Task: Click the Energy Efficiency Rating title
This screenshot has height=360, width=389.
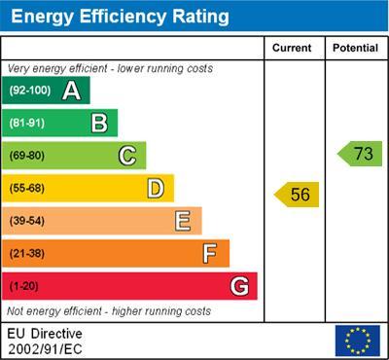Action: click(119, 17)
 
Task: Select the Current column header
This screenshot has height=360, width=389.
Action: click(292, 48)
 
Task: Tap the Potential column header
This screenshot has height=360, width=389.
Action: click(355, 48)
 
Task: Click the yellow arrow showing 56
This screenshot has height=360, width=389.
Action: click(298, 195)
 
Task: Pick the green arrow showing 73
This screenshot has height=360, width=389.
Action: click(361, 154)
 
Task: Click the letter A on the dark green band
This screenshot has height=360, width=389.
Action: click(71, 91)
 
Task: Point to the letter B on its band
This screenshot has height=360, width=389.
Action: click(99, 123)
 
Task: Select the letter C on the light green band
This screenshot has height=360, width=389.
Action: click(126, 155)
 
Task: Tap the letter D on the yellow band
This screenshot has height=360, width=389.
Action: click(155, 188)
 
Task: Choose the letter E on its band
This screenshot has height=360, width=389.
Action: click(182, 221)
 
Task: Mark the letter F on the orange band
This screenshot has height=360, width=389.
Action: click(209, 254)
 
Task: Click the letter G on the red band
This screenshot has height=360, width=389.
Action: click(238, 286)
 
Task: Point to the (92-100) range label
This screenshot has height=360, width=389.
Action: click(29, 91)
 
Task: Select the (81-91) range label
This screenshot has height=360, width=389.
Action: click(26, 123)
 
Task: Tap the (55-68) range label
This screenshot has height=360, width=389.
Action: click(26, 188)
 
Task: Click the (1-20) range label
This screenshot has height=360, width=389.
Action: click(23, 287)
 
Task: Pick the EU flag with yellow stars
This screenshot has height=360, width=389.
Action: click(357, 341)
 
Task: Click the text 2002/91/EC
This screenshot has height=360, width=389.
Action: click(45, 348)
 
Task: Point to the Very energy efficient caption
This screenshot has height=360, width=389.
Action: click(110, 69)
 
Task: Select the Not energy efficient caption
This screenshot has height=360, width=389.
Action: click(109, 311)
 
